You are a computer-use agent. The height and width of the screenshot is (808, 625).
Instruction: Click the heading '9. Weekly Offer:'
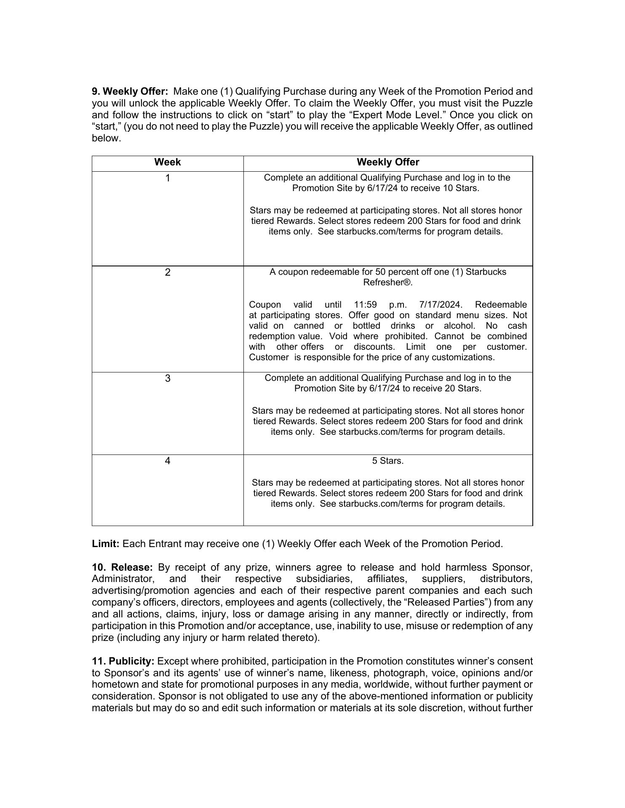point(130,92)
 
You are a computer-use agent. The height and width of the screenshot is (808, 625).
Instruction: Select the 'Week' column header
point(167,162)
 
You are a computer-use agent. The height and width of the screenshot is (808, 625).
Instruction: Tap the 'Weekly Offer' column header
point(388,162)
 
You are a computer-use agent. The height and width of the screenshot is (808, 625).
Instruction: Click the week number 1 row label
point(168,178)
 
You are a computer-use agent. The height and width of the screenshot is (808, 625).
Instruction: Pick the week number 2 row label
point(168,273)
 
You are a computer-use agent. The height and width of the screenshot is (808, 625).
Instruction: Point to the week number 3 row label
point(168,379)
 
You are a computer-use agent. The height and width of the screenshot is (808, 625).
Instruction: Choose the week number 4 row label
point(168,461)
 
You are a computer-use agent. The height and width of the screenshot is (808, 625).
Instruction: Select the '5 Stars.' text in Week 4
point(387,461)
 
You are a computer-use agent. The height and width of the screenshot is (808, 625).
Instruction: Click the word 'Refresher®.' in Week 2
point(387,283)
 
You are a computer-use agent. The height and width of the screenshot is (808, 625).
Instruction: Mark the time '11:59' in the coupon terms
point(365,305)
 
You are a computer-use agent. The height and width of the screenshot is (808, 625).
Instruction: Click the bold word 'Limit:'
point(106,544)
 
